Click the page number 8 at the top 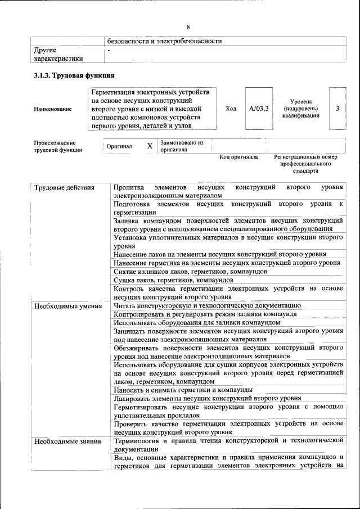point(188,26)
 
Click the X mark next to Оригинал point(150,146)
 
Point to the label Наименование point(53,109)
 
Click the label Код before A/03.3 point(231,109)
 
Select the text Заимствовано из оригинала point(181,146)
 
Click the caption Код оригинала point(238,157)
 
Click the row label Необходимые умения point(67,306)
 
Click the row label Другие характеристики point(58,53)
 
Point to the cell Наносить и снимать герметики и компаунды point(182,390)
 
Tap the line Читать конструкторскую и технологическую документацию point(207,306)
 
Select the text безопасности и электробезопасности point(165,41)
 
